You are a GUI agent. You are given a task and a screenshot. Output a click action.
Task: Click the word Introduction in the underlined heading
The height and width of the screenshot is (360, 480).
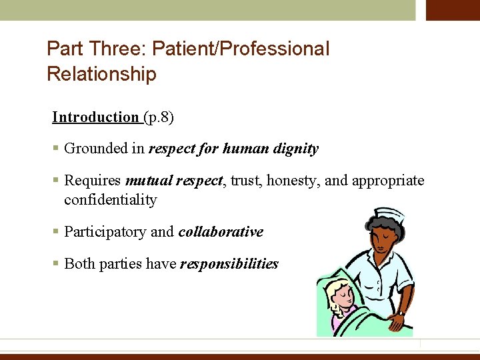coord(95,117)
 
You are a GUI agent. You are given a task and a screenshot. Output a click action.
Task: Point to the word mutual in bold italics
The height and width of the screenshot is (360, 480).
coord(148,181)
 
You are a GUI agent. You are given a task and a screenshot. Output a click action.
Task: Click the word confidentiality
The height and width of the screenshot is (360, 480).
coord(110,200)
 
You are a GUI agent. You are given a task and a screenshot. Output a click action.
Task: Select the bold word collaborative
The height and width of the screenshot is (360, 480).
coord(221,232)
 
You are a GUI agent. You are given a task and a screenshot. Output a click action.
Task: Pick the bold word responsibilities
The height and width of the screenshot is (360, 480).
coord(229,264)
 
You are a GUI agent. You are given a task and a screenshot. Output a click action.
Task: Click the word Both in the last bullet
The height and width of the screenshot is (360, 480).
coord(79,264)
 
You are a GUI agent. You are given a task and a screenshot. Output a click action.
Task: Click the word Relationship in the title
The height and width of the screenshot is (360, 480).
coord(101,73)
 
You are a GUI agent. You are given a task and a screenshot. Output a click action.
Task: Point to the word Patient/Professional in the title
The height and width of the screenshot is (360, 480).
coord(241,49)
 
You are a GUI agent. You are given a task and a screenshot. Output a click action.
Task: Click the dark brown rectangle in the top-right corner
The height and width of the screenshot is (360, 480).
coord(453,10)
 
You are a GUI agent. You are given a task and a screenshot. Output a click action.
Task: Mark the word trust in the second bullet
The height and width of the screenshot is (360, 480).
coord(246,181)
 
